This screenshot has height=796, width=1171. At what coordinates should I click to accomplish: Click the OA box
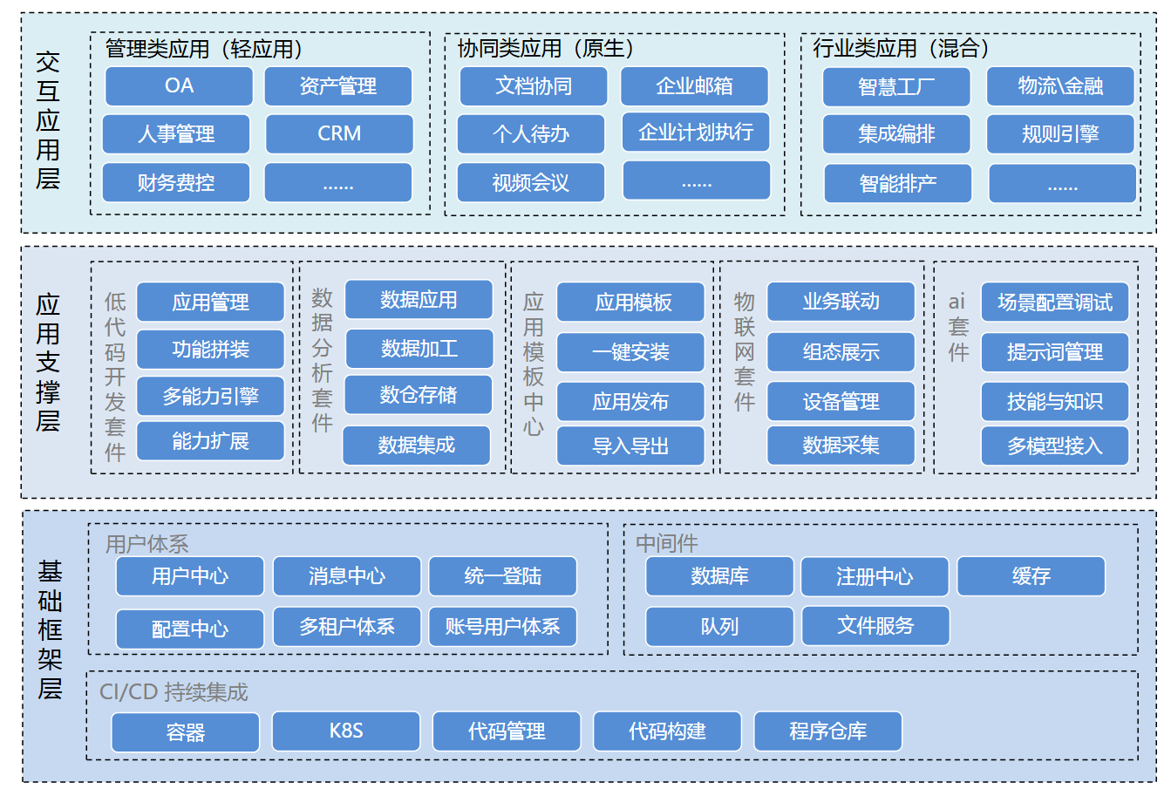point(179,85)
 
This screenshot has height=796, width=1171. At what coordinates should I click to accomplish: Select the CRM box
point(339,133)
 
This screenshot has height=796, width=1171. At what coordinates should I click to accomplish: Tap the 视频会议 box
point(530,182)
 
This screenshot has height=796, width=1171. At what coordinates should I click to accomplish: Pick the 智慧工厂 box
point(896,86)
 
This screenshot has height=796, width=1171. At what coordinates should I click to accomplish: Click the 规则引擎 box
point(1060,133)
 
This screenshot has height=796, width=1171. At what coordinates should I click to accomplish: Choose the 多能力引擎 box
point(210,396)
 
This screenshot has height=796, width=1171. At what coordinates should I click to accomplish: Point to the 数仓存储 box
point(419,395)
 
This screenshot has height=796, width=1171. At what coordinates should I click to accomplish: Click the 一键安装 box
point(630,352)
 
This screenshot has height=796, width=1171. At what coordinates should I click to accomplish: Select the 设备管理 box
point(841,401)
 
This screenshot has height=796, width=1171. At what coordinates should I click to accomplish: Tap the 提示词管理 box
point(1054,352)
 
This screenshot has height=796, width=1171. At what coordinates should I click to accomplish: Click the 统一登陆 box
point(502,576)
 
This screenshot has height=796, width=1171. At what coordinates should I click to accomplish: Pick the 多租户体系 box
point(347,626)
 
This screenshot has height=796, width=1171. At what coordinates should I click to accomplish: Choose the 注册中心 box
point(875,576)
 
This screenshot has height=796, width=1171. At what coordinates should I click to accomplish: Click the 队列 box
point(719,626)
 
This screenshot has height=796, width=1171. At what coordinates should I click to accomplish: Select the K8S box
point(346,731)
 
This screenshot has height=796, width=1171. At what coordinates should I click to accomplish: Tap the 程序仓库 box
point(827,731)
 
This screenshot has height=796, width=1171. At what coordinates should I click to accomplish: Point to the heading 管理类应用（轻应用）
point(204,49)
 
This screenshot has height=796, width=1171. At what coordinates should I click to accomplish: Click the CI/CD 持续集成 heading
point(174,692)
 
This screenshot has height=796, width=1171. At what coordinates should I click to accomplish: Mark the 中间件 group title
point(667,543)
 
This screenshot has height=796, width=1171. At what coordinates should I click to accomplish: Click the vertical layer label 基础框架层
point(50,630)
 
